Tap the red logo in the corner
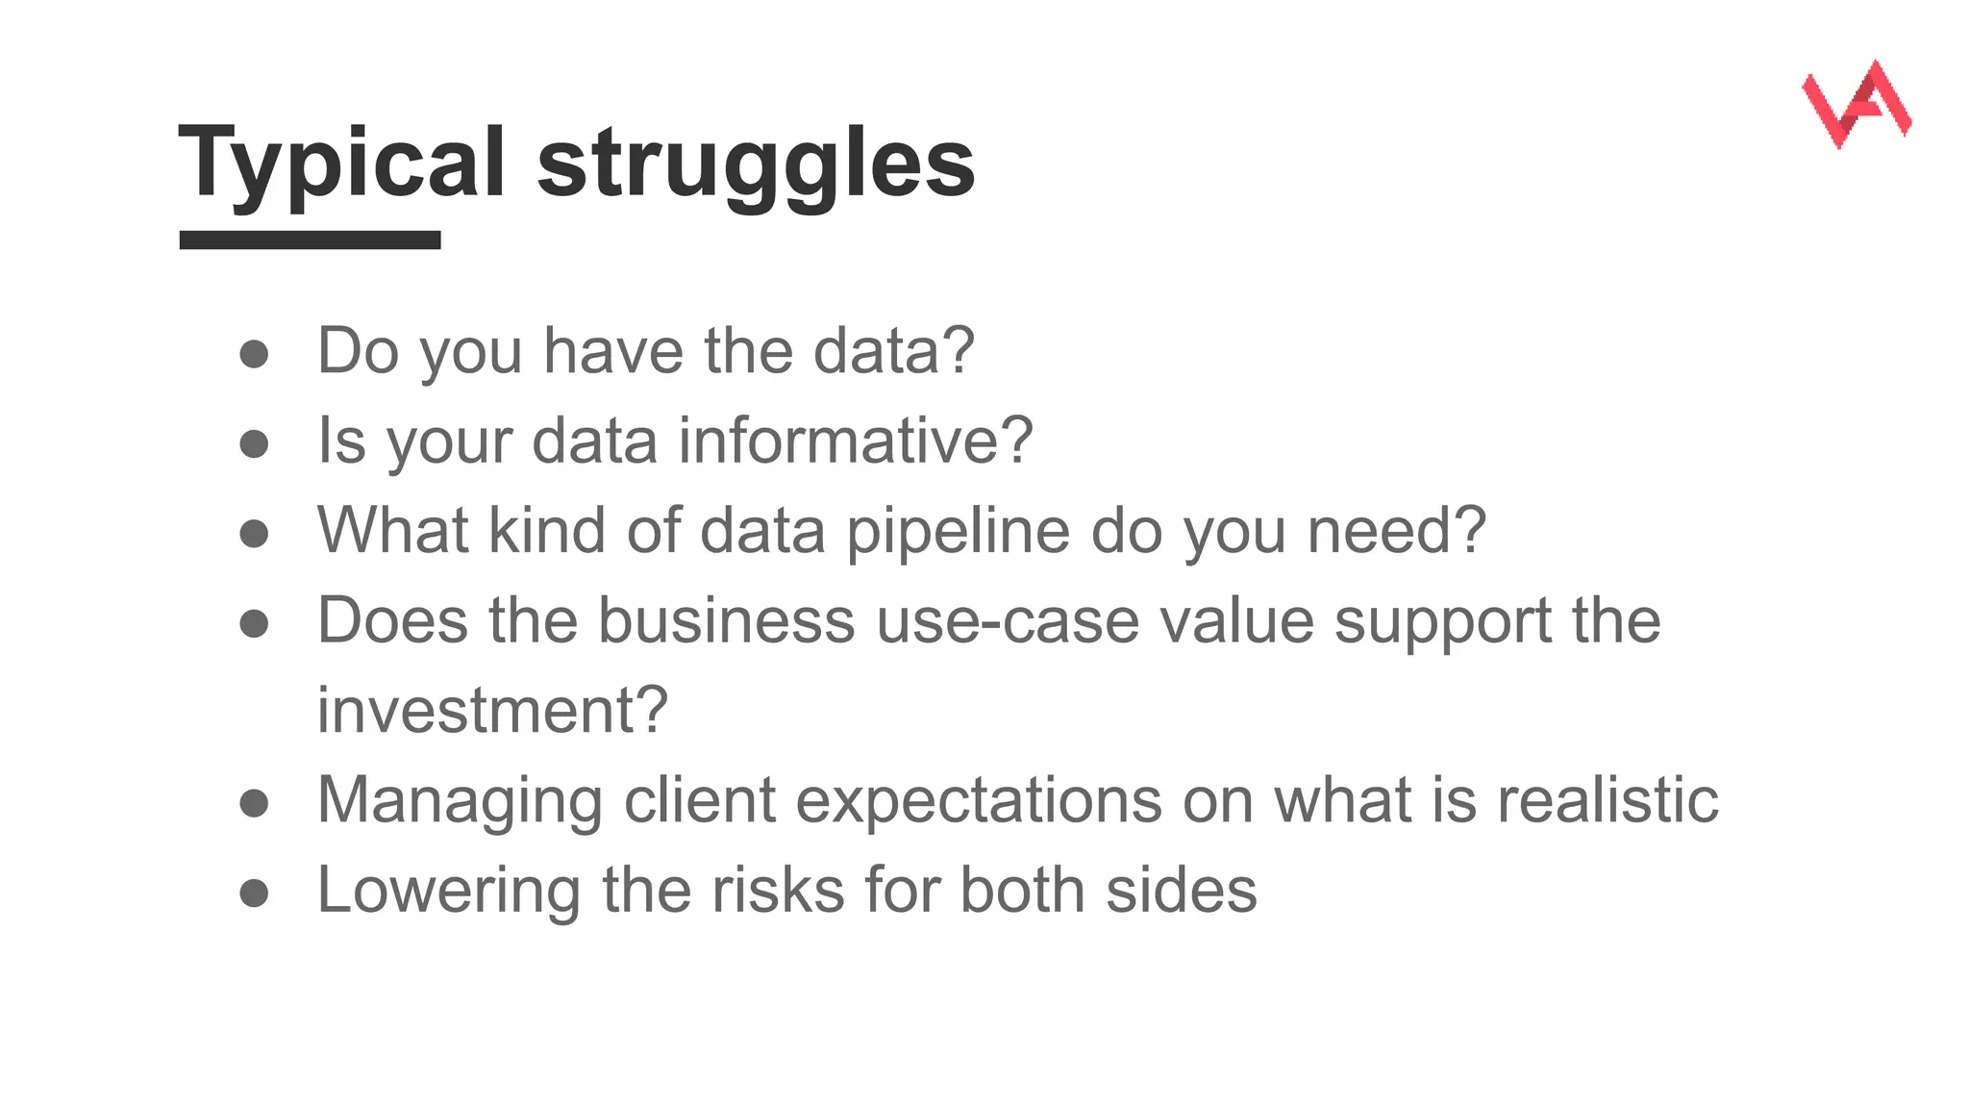[1856, 104]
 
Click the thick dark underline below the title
[310, 240]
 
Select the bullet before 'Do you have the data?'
[254, 354]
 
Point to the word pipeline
[958, 531]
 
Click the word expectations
[979, 800]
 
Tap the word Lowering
[448, 890]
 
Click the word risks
[777, 890]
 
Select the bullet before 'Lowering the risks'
[254, 893]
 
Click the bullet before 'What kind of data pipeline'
[254, 534]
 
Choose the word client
[699, 800]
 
